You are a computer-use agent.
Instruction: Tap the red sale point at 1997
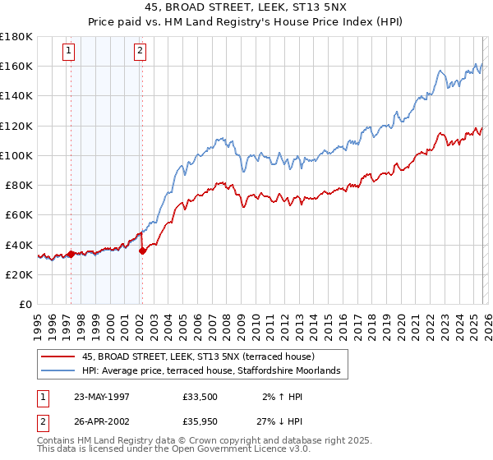coord(71,254)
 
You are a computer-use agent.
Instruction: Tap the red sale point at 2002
coord(142,251)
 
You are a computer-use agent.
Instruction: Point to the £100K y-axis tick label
coord(16,155)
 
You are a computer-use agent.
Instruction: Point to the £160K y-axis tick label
coord(16,66)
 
